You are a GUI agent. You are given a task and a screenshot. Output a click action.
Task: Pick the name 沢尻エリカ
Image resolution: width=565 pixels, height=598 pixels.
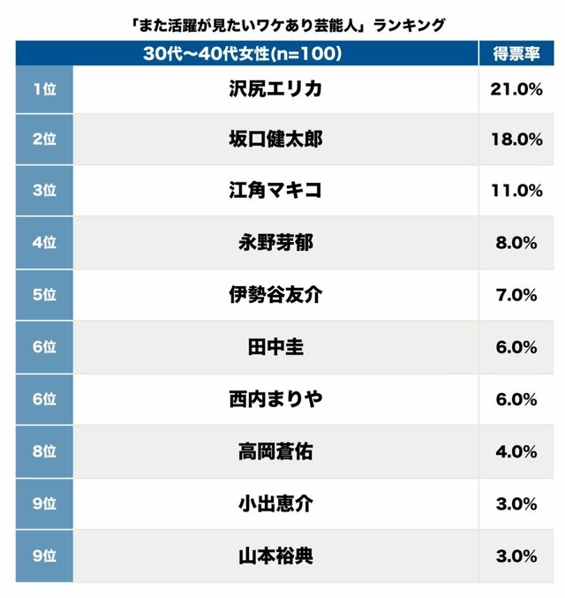click(x=275, y=88)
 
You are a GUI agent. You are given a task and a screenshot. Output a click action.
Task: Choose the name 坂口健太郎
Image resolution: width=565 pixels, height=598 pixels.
click(x=275, y=140)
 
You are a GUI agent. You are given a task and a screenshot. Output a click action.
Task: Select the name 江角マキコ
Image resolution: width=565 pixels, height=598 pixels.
click(x=275, y=191)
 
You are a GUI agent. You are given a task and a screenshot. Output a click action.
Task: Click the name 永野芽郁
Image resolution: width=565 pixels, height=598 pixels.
click(x=275, y=243)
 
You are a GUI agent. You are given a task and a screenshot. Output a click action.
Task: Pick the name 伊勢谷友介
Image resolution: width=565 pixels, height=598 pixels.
click(x=275, y=295)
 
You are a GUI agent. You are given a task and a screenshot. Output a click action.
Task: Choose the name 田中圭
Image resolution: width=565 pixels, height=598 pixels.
click(x=275, y=347)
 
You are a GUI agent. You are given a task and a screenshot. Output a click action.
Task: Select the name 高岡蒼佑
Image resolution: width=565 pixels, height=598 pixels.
click(x=275, y=451)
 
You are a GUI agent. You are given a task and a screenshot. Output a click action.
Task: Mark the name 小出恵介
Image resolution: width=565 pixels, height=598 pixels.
click(x=275, y=503)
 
